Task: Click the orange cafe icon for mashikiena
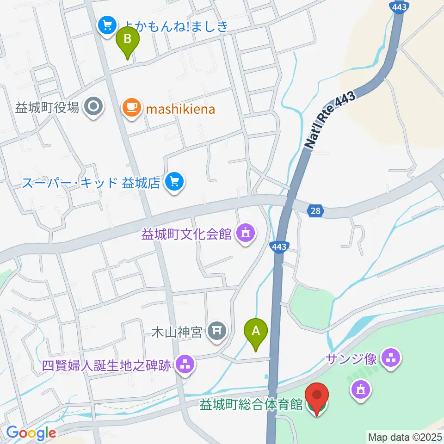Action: pos(131,108)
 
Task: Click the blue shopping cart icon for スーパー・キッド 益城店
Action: pos(174,183)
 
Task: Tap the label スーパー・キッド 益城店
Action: pos(91,183)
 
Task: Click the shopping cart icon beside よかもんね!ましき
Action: pos(107,25)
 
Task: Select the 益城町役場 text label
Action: pos(48,108)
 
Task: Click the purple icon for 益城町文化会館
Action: pos(245,234)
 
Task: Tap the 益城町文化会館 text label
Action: pos(186,234)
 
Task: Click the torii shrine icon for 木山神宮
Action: pos(216,331)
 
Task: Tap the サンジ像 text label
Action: pos(351,358)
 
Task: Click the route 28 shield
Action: pos(314,211)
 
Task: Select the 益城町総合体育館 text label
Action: pos(251,406)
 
